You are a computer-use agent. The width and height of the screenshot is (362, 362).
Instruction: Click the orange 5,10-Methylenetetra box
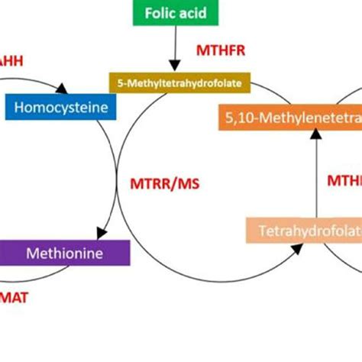289,117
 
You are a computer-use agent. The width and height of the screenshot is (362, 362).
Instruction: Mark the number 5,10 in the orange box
243,117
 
